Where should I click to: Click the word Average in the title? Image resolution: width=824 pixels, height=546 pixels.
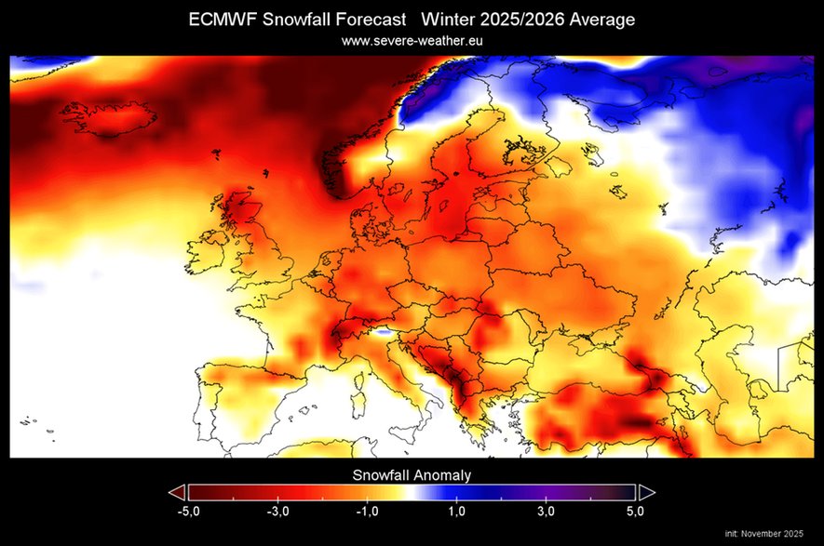602,20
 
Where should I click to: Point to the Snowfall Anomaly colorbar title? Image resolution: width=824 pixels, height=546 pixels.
412,474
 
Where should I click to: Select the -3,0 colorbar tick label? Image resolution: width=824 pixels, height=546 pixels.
277,512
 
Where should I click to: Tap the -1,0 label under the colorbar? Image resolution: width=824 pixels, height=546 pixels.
366,512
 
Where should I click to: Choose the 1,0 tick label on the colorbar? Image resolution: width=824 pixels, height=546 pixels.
456,512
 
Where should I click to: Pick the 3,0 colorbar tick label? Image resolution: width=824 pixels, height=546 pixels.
546,512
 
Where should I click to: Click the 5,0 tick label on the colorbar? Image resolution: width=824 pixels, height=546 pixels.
635,512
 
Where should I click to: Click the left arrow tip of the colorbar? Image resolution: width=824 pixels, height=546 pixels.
175,492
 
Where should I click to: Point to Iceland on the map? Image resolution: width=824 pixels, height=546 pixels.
106,119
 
